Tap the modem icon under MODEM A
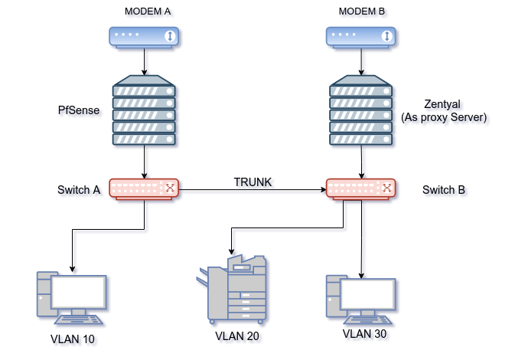144,36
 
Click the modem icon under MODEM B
360,36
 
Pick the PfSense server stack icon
144,111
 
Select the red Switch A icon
144,188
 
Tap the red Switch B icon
360,188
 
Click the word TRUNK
253,182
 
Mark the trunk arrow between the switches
253,188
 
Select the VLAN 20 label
238,335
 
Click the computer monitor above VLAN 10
78,291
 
